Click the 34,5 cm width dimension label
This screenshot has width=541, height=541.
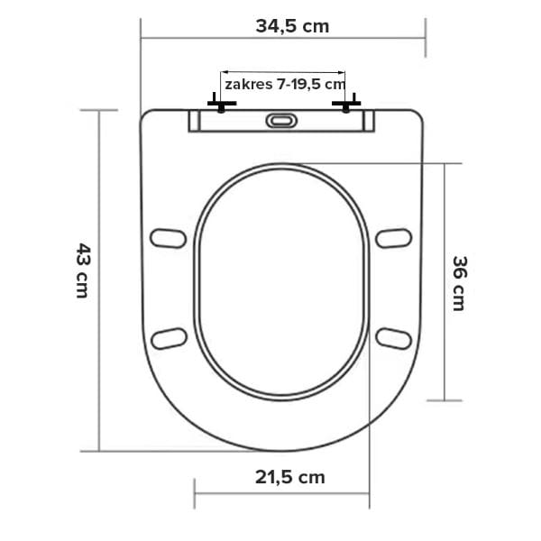click(x=292, y=26)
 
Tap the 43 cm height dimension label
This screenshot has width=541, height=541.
click(x=83, y=270)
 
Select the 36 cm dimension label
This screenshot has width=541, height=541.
click(x=459, y=283)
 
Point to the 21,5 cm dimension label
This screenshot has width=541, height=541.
click(x=290, y=478)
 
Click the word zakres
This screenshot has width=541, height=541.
click(x=248, y=84)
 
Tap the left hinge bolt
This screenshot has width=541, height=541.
click(x=222, y=104)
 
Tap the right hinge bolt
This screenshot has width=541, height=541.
click(x=346, y=104)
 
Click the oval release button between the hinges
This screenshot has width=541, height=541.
click(x=281, y=121)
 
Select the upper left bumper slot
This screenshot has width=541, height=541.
click(x=168, y=238)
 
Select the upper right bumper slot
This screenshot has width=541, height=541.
click(x=394, y=238)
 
